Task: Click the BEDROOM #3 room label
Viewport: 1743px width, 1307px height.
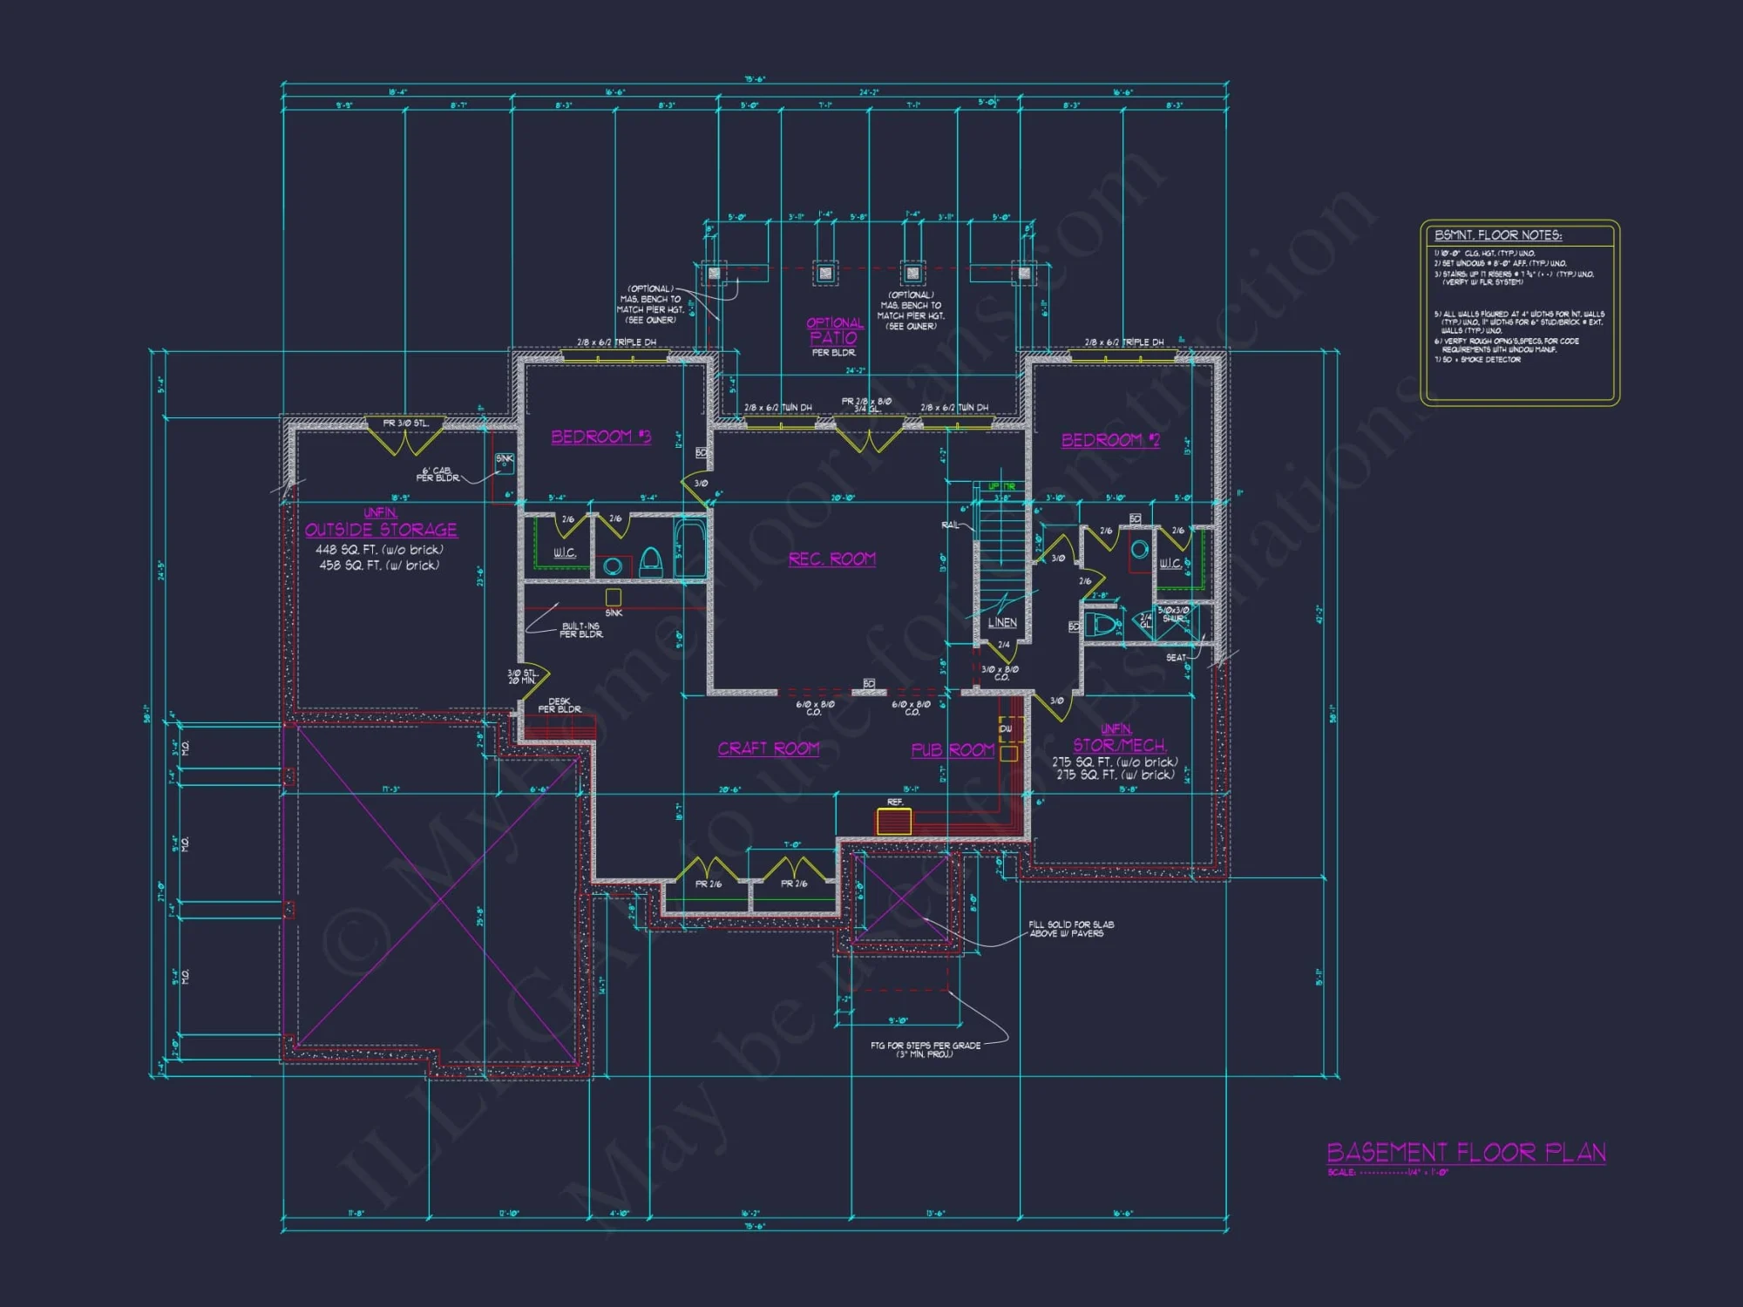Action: pos(600,437)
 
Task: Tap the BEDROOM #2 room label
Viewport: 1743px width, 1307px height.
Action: pos(1110,440)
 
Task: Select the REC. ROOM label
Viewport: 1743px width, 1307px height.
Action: pos(831,559)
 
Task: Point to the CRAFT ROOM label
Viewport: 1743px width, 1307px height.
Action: pos(768,748)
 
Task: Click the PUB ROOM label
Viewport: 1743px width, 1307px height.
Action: pos(953,750)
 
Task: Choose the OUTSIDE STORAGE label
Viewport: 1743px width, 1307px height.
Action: pos(381,530)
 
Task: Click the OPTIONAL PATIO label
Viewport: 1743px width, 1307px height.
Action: pos(834,332)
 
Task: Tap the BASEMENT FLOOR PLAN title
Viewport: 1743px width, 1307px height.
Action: pos(1466,1153)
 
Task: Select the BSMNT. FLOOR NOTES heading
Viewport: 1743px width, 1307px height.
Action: pos(1498,235)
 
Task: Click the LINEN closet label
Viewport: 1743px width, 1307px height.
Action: pos(1002,623)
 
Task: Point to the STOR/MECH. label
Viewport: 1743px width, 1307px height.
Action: pos(1119,745)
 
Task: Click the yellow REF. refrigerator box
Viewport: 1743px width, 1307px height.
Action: pos(894,821)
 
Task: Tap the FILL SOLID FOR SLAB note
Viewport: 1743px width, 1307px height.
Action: pos(1070,929)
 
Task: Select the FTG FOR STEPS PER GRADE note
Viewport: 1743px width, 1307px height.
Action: pos(925,1049)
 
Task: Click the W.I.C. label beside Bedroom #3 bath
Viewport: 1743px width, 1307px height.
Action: pos(565,552)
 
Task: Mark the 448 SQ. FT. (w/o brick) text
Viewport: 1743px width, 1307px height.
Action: pos(379,550)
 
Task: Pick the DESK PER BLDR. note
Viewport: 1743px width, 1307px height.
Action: pos(560,705)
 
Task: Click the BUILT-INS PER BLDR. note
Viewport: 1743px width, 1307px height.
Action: pos(580,630)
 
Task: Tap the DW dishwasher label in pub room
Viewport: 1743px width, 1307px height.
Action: pos(1006,728)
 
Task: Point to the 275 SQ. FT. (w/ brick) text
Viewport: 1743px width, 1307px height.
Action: pos(1116,775)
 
